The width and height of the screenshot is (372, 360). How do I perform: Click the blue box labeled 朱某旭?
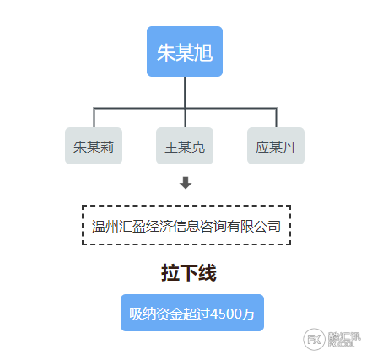tap(185, 51)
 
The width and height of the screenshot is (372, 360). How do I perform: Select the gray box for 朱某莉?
tap(94, 146)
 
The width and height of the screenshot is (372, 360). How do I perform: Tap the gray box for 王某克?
tap(185, 146)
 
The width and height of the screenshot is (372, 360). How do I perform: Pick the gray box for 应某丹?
tap(276, 146)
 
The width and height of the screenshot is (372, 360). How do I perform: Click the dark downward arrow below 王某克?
tap(186, 183)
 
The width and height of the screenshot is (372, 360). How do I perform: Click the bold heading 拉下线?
tap(189, 273)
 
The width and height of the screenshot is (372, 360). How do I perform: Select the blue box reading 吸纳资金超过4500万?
tap(192, 313)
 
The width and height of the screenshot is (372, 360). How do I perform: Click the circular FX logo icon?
tap(315, 340)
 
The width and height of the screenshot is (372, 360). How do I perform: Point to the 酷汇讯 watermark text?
tap(344, 336)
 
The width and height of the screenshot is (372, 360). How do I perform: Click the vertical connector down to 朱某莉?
tap(94, 117)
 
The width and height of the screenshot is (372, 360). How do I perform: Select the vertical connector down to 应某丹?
tap(276, 117)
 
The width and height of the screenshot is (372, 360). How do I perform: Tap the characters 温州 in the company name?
tap(105, 226)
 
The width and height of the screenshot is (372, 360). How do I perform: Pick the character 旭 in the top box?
tap(203, 53)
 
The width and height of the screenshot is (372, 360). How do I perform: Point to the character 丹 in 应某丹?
tap(288, 148)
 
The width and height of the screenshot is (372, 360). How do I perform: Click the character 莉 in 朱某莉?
tap(107, 148)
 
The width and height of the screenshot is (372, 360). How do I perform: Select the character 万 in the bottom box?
tap(249, 314)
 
